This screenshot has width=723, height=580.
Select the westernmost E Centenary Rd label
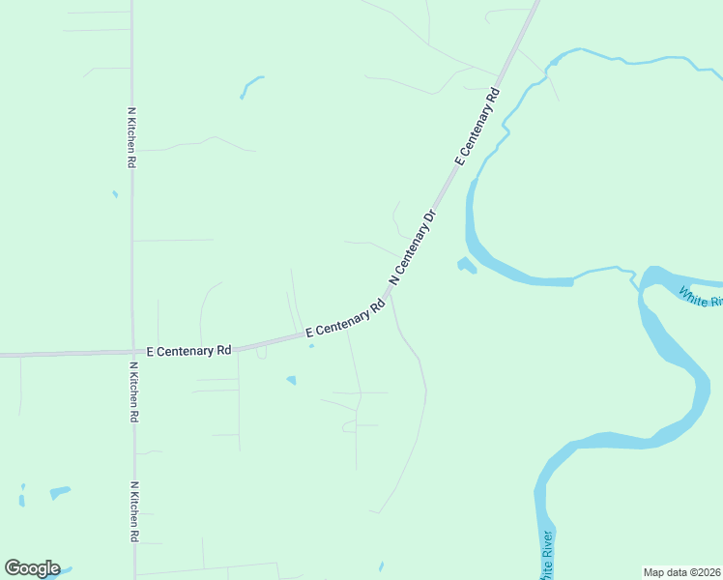point(189,350)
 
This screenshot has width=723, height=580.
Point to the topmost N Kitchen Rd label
point(131,138)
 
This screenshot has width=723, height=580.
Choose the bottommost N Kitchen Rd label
point(134,511)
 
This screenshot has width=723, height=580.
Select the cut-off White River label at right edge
point(700,296)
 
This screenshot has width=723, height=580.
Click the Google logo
point(32,568)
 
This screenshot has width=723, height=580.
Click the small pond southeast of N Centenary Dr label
point(467,265)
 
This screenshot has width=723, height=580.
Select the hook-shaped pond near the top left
point(250,86)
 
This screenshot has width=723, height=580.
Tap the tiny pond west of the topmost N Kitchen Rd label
point(115,194)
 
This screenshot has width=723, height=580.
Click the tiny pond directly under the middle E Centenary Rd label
point(311,347)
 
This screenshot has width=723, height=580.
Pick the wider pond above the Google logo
point(60,492)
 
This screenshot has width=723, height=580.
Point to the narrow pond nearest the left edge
point(21,498)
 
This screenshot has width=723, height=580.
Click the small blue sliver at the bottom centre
point(381,565)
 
